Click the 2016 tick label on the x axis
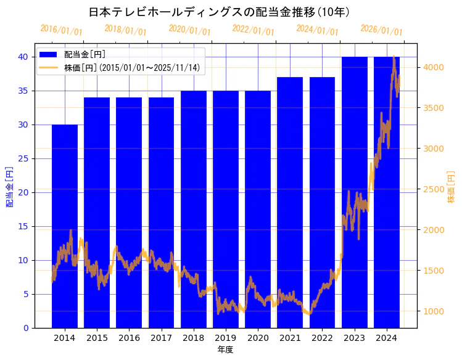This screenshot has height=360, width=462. (x=129, y=338)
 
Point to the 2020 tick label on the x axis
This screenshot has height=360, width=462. (x=258, y=338)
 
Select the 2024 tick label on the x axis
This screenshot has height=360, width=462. (x=387, y=338)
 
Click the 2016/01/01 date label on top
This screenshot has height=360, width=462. (x=61, y=30)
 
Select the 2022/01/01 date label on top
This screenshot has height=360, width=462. (x=253, y=30)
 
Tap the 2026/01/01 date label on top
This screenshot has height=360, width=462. (x=381, y=30)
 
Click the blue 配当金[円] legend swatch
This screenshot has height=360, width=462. (x=49, y=54)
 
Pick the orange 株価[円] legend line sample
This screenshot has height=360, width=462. (x=49, y=67)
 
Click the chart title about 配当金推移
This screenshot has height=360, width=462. (x=219, y=12)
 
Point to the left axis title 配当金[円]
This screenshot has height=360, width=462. (x=9, y=186)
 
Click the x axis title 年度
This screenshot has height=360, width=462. (x=225, y=350)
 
